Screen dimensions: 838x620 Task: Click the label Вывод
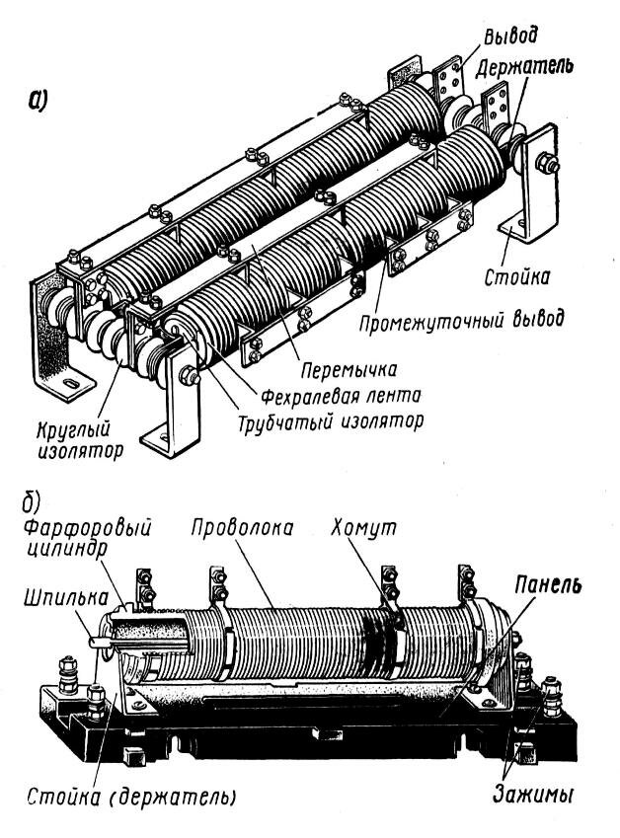tap(511, 37)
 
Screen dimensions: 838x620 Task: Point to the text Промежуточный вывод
tap(463, 320)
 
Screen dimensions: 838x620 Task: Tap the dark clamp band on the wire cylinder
tap(377, 637)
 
